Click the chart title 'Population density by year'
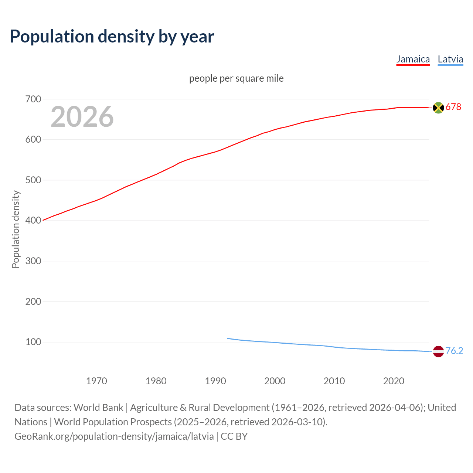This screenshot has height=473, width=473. point(112,36)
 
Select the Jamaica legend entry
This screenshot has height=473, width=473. point(413,59)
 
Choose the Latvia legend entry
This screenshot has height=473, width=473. point(450,59)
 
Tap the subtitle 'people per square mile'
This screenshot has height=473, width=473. point(236,78)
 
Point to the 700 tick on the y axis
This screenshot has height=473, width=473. point(33,99)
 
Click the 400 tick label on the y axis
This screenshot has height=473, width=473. point(33,221)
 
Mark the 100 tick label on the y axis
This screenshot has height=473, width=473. point(33,342)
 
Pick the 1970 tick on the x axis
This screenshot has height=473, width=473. point(96,381)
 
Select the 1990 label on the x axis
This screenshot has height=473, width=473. point(215,381)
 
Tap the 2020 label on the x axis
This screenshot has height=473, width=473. point(394,381)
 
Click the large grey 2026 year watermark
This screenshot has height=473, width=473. point(82,117)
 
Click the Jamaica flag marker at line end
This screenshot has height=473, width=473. point(438,108)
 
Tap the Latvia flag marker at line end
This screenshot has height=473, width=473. point(438,351)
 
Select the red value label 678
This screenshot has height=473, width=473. point(453,107)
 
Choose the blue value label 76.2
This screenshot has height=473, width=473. point(454,351)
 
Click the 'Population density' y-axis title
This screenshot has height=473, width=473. point(16,229)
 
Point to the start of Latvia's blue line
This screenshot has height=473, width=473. point(228,338)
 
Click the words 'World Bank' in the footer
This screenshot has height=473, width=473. point(98,408)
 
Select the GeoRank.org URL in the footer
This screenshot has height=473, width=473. point(114,436)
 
